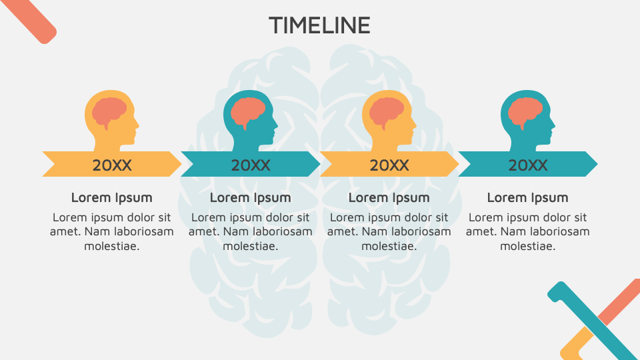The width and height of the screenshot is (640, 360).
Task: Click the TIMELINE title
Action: coord(319,25)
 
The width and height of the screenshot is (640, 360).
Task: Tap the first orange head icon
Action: coord(111,120)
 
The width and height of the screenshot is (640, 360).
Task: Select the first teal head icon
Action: coord(249,120)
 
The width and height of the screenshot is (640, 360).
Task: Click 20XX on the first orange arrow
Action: coord(112,165)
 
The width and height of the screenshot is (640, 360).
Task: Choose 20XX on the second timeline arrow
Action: coord(251,165)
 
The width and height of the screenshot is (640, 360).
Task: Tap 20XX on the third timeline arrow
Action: coord(389,165)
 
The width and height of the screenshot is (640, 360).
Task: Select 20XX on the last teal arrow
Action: coord(528,165)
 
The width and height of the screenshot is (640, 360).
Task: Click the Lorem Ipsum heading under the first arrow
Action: coord(112,197)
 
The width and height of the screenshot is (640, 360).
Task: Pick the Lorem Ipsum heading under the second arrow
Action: coord(251,197)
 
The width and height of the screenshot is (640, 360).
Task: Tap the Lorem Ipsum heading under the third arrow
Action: coord(389,197)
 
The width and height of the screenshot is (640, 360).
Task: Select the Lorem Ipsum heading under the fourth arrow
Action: coord(528,197)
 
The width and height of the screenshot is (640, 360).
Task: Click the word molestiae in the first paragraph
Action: coord(112,246)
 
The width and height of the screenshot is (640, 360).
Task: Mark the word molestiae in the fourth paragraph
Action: coord(528,246)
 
